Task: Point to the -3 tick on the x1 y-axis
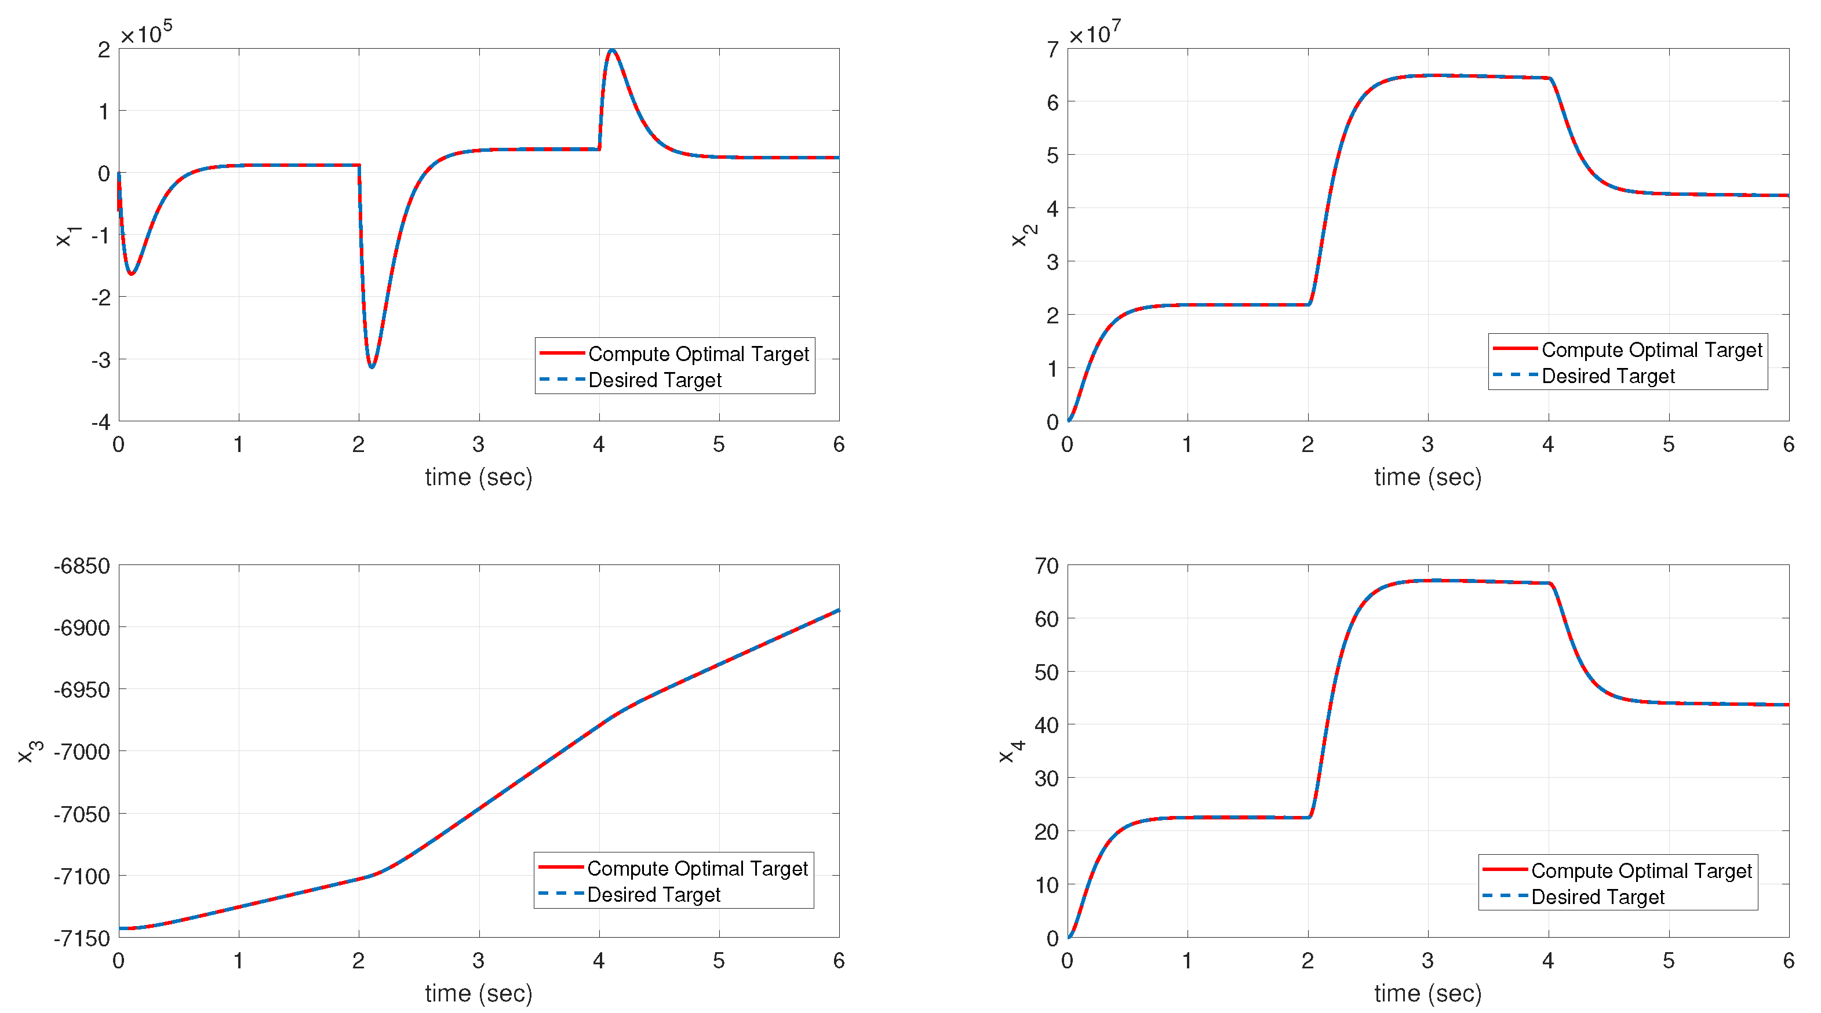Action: click(x=101, y=360)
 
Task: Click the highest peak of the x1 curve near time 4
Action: click(x=612, y=50)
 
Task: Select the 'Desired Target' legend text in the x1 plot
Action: click(x=654, y=380)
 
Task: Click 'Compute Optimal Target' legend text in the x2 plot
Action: click(x=1651, y=350)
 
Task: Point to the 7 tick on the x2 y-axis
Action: click(x=1052, y=49)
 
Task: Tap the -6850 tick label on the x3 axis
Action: click(x=82, y=566)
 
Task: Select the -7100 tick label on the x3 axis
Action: click(x=82, y=876)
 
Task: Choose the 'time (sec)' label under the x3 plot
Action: click(x=479, y=993)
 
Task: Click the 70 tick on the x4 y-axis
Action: click(x=1046, y=566)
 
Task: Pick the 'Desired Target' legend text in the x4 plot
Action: click(x=1598, y=897)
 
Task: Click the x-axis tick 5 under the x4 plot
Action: click(x=1669, y=960)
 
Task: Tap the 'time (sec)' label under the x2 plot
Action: click(x=1427, y=477)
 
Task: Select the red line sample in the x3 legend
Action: click(x=560, y=866)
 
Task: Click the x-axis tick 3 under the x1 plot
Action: click(x=479, y=444)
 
